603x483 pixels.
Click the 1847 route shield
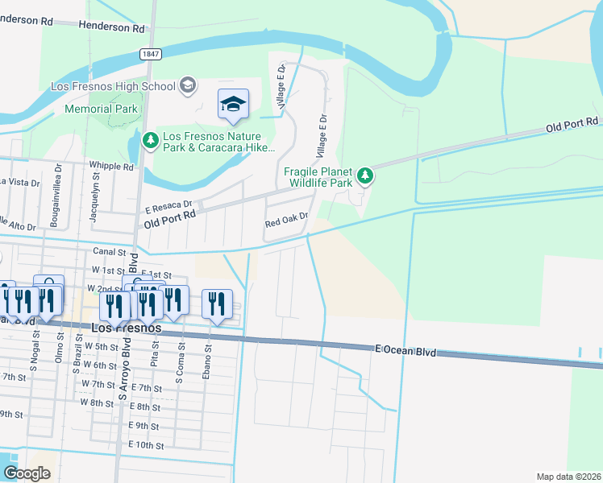(x=150, y=54)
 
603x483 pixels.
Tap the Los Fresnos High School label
(x=113, y=86)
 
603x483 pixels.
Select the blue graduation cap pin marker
(x=233, y=105)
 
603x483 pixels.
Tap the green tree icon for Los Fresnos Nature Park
(x=150, y=141)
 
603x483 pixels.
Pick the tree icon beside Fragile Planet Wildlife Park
(x=365, y=175)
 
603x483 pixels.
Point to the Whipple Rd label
(x=113, y=167)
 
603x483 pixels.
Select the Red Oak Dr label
(x=287, y=217)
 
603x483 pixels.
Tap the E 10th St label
(x=146, y=445)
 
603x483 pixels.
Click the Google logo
(x=27, y=473)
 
